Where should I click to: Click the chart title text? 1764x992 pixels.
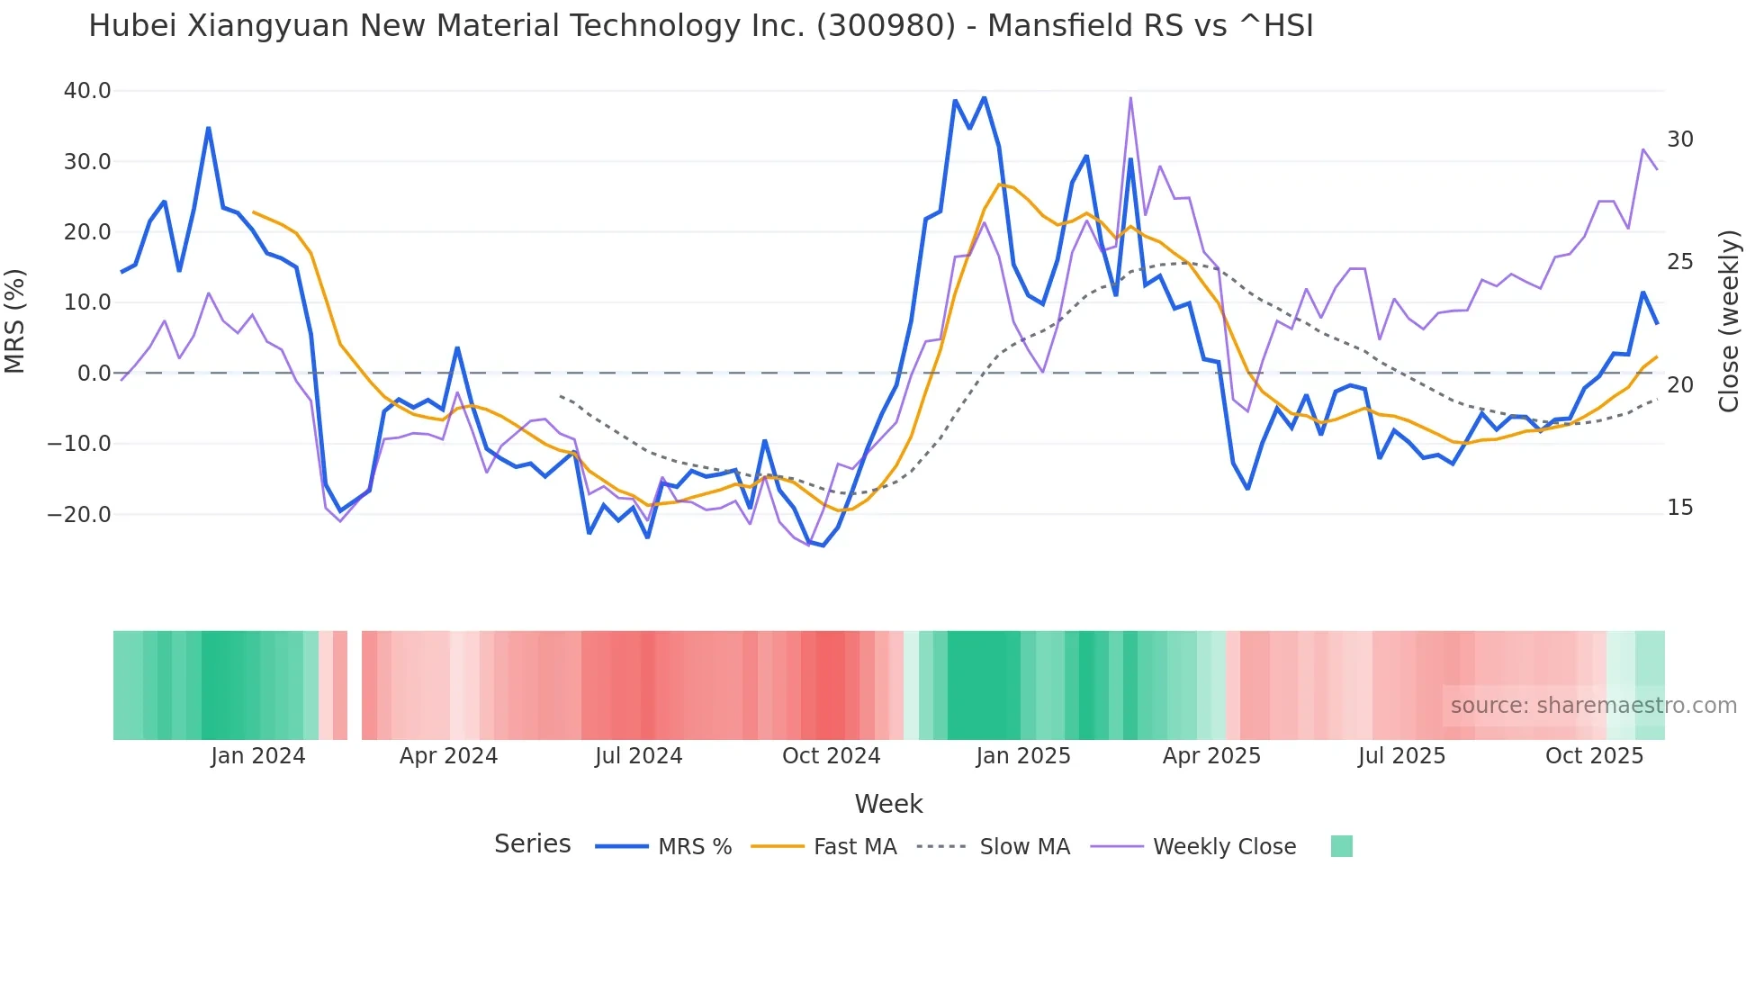700,26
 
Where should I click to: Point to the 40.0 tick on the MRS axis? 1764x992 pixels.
87,91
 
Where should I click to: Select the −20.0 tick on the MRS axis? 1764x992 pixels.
79,515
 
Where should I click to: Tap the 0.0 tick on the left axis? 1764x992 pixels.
94,374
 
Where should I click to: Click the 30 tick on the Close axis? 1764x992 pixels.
1680,140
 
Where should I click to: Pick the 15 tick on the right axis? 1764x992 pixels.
1680,508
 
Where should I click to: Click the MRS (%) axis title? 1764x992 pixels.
15,321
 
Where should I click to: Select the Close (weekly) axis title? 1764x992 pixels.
1729,321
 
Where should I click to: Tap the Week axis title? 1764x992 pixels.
888,804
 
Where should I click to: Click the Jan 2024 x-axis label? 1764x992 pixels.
258,756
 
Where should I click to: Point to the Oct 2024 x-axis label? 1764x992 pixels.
831,756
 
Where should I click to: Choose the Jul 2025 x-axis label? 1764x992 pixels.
1401,756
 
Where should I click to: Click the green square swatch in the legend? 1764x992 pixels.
1341,846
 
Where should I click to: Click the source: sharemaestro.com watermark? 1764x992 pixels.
1593,706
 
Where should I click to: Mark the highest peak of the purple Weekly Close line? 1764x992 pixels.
1130,98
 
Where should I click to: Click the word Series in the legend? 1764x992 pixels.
532,844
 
